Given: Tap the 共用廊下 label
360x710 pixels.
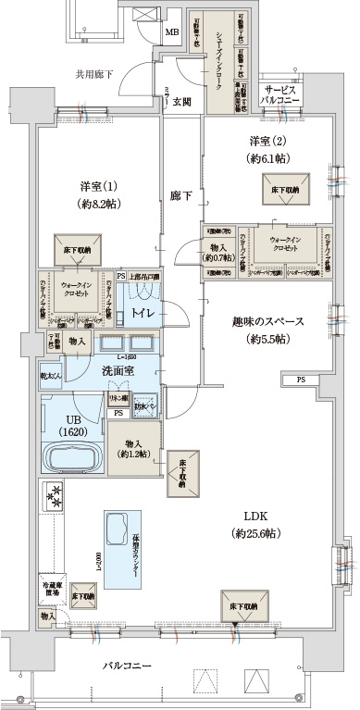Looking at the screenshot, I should coord(93,73).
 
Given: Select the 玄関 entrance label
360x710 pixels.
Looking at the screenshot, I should coord(181,102).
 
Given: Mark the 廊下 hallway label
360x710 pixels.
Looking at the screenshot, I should coord(180,196).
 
